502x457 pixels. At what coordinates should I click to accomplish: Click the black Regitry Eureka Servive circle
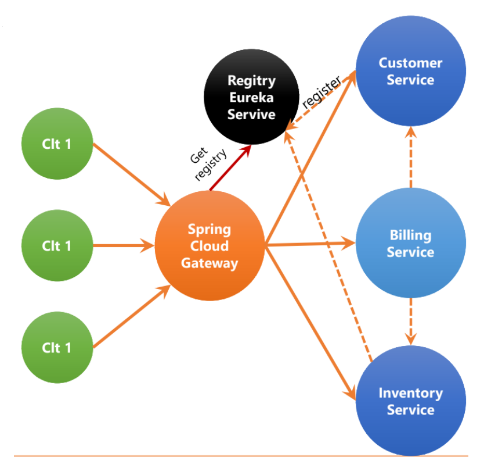click(x=251, y=97)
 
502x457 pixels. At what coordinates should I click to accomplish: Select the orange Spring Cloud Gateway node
click(x=210, y=246)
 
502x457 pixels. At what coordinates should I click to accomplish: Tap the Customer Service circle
click(x=411, y=71)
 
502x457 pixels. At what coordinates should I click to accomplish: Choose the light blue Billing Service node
click(x=411, y=243)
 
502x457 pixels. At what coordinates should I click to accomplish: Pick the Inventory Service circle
click(x=411, y=401)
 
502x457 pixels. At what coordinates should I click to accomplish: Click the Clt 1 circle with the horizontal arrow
click(x=57, y=246)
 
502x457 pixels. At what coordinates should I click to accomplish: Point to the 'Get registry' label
click(x=208, y=164)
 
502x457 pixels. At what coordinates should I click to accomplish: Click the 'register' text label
click(x=322, y=92)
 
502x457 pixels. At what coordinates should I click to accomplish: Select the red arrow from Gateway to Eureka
click(x=230, y=167)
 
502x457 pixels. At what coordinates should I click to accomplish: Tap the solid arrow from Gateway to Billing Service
click(x=310, y=244)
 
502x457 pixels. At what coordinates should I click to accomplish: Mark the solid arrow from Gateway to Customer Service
click(x=310, y=157)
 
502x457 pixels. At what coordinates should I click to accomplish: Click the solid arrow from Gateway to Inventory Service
click(x=310, y=323)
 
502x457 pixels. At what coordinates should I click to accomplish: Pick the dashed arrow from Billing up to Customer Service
click(x=411, y=157)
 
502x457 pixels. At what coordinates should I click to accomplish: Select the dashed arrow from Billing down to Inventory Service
click(x=411, y=322)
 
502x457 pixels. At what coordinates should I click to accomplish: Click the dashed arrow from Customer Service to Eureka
click(x=320, y=101)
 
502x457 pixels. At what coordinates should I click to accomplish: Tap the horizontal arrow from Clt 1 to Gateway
click(x=124, y=246)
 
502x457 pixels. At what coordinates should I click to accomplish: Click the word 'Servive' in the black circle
click(x=251, y=115)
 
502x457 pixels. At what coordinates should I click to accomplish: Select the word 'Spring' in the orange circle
click(x=210, y=230)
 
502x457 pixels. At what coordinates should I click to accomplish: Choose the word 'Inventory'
click(x=411, y=394)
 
